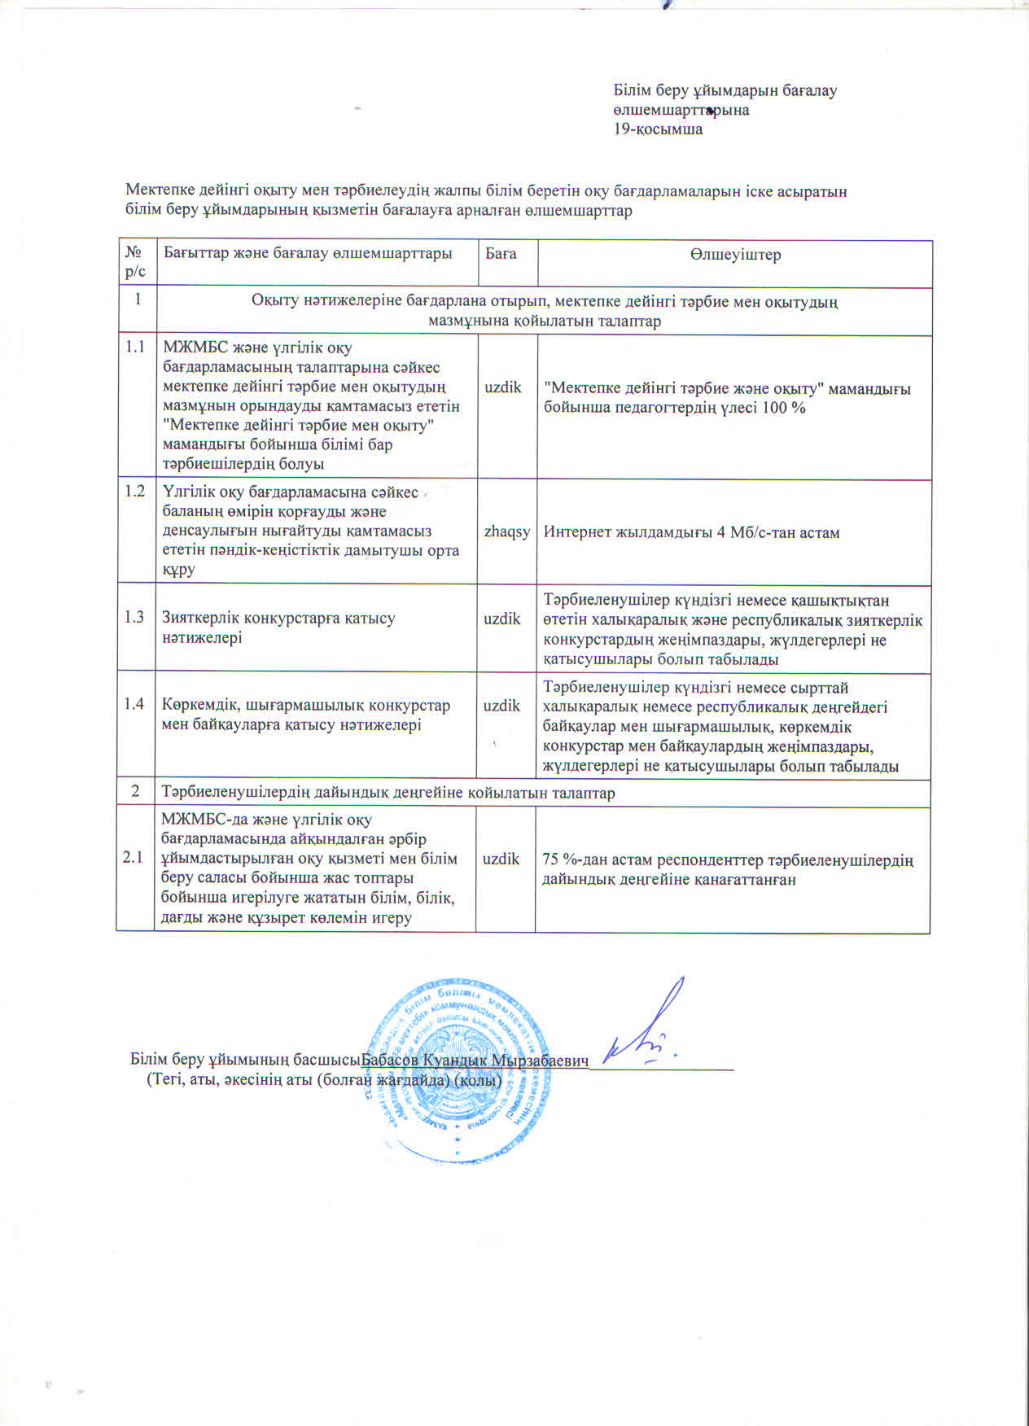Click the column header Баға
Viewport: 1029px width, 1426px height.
coord(501,253)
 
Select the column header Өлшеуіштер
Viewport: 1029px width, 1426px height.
coord(735,255)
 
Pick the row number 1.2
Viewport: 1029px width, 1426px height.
coord(135,491)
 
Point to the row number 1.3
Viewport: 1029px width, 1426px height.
coord(134,617)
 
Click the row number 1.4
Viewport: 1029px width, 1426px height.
coord(134,703)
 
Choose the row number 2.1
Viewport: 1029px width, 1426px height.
coord(133,857)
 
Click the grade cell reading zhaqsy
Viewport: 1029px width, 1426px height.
coord(506,531)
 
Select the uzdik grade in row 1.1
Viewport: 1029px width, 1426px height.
coord(503,387)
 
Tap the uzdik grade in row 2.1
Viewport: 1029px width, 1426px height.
coord(501,858)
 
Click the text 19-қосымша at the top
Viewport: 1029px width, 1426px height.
coord(658,129)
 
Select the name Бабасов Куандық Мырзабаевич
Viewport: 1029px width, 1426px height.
coord(475,1061)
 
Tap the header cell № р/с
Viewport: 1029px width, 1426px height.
coord(136,261)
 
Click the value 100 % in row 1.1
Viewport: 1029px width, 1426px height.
coord(784,407)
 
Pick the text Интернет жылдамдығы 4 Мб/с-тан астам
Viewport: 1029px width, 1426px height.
coord(691,532)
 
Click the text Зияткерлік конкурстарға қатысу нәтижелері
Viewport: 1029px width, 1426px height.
coord(278,627)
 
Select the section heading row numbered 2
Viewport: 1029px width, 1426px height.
coord(388,792)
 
